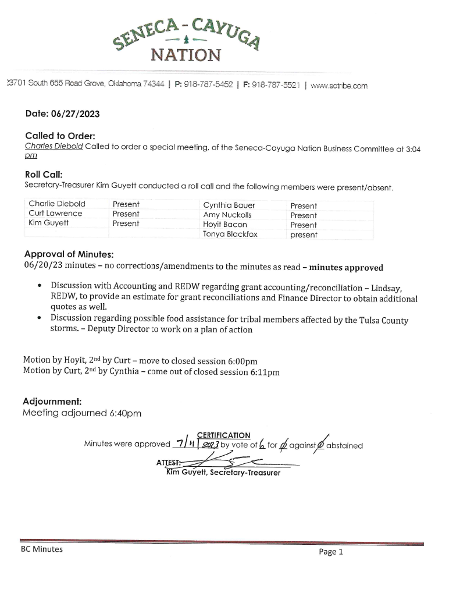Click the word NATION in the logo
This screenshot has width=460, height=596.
click(x=186, y=55)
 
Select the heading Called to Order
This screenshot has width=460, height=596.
click(x=56, y=136)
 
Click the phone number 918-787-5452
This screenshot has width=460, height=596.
click(x=208, y=85)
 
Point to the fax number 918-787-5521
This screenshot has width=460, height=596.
click(x=277, y=85)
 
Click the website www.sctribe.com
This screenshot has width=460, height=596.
click(x=339, y=86)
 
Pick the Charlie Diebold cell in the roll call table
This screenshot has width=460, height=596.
click(x=57, y=204)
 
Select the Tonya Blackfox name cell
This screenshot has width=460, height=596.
click(x=231, y=235)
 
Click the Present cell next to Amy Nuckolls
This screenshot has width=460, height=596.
click(x=304, y=215)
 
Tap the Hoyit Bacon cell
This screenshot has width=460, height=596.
click(x=225, y=225)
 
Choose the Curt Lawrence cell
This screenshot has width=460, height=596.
click(x=55, y=214)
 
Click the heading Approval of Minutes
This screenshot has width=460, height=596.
click(x=69, y=254)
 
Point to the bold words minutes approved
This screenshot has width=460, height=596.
click(x=346, y=268)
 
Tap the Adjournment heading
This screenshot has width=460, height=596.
click(x=52, y=402)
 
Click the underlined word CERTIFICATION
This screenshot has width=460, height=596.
click(x=224, y=435)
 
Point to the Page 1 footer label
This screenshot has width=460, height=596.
click(x=331, y=552)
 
